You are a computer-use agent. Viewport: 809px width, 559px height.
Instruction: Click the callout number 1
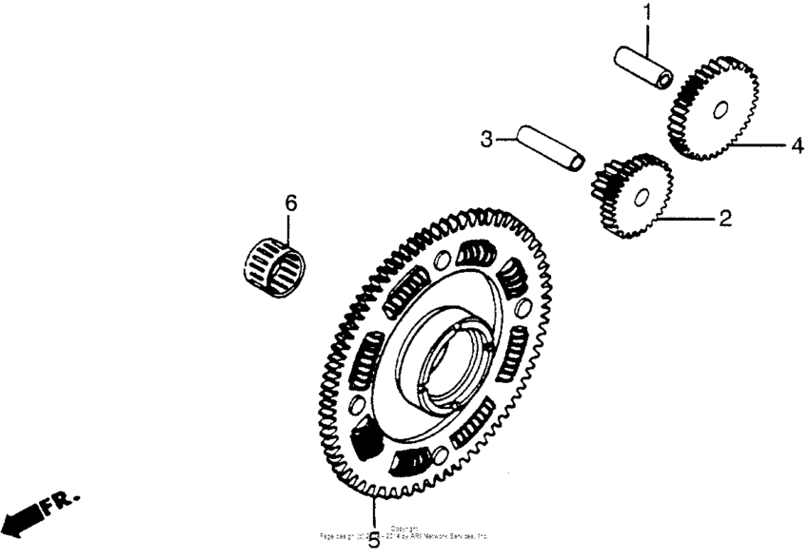click(647, 12)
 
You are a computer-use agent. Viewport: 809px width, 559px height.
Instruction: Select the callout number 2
click(725, 219)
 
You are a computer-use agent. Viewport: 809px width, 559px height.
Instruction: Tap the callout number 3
click(486, 139)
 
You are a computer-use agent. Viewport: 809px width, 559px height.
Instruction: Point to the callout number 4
click(796, 146)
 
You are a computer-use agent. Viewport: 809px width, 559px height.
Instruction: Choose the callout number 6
click(290, 202)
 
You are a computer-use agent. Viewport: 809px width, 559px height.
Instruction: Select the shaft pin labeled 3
click(550, 150)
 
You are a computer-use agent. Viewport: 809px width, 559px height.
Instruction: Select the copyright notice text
click(404, 533)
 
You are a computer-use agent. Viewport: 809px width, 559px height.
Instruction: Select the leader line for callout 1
click(647, 38)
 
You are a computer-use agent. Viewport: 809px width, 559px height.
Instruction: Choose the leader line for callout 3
click(506, 140)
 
